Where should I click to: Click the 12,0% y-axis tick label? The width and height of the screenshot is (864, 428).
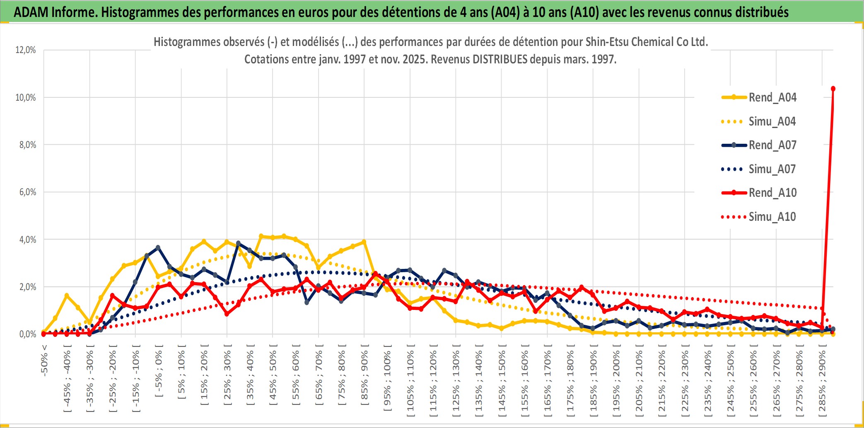point(26,50)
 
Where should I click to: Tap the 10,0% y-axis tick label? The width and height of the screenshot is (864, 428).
point(26,97)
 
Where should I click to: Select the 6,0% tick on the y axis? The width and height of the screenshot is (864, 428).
point(27,192)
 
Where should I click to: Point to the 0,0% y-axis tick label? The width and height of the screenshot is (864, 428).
point(27,334)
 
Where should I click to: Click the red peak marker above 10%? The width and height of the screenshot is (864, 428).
point(833,89)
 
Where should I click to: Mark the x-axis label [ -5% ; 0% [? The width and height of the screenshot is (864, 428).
point(159,371)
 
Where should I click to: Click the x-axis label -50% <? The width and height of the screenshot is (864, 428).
point(44,360)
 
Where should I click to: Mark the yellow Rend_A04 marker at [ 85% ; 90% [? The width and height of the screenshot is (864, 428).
point(364,242)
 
